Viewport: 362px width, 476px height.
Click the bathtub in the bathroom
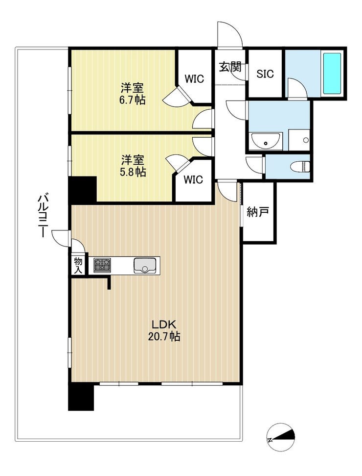point(332,74)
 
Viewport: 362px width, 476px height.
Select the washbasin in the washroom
point(266,141)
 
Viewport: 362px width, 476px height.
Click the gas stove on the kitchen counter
point(102,265)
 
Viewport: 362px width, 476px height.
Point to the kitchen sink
point(144,265)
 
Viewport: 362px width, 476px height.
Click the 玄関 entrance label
point(230,67)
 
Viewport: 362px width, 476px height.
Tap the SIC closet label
point(265,74)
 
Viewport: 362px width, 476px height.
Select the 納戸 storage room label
point(257,212)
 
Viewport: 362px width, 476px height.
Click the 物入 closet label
point(78,265)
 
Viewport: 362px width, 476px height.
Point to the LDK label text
point(164,325)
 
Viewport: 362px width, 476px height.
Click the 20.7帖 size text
point(164,336)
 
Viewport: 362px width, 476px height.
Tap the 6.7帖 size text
point(133,100)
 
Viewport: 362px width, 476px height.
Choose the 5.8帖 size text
point(133,172)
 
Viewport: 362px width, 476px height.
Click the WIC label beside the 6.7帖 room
point(194,78)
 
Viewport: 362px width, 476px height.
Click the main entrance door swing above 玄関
point(230,34)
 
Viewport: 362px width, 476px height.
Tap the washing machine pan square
point(299,140)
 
